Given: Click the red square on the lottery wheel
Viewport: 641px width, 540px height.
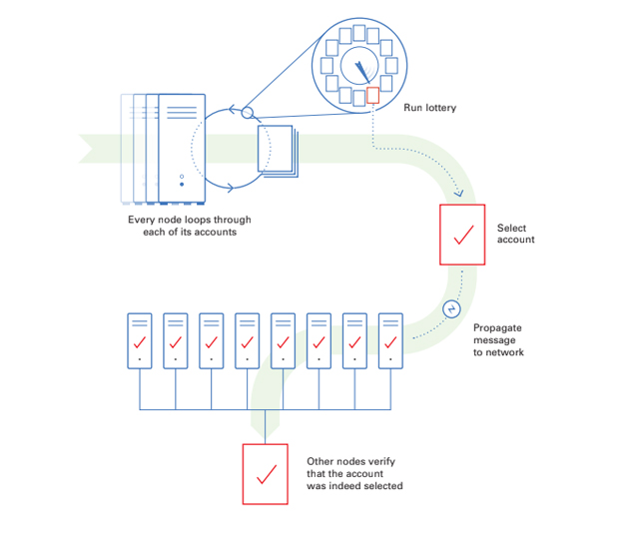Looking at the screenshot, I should click(373, 95).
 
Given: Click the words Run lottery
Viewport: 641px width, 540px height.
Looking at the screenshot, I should click(430, 107).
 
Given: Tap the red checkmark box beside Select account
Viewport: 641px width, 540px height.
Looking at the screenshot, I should click(462, 236).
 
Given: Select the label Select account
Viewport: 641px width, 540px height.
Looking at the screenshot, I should click(516, 234).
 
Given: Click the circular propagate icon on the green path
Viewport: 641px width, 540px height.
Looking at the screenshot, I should click(450, 309).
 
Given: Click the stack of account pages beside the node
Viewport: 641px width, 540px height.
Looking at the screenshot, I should click(277, 151).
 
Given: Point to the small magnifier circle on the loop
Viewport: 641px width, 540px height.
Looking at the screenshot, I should click(248, 113).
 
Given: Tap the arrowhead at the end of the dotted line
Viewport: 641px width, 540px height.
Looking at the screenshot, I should click(459, 194).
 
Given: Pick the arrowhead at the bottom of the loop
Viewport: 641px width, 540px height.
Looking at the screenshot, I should click(233, 187).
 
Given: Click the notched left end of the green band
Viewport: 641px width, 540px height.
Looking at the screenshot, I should click(88, 148).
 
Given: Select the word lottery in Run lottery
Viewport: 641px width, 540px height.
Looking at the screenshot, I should click(439, 107).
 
